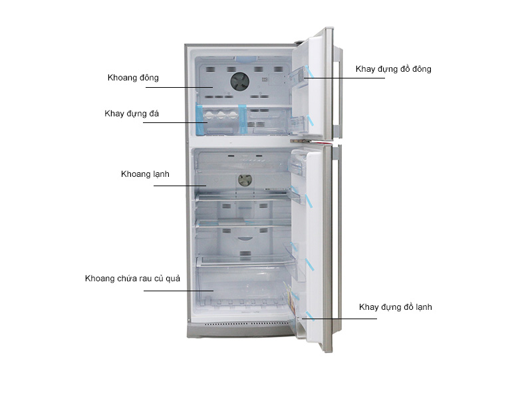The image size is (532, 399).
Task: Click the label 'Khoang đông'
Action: click(133, 78)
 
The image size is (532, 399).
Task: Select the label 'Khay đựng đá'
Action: click(132, 114)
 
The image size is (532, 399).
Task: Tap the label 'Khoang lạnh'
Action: click(145, 174)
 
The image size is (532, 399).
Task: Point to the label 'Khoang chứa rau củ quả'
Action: click(132, 279)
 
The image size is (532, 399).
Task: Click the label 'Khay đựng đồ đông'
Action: click(394, 69)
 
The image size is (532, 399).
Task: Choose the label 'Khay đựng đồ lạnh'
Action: click(396, 307)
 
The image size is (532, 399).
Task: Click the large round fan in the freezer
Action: click(240, 81)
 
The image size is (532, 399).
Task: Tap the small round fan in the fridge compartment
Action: click(245, 180)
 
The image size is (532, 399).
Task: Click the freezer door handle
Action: click(338, 92)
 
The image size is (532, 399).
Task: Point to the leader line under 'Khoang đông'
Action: click(179, 87)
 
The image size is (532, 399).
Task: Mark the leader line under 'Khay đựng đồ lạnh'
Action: click(339, 319)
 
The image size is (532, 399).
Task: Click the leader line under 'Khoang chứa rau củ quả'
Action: click(178, 291)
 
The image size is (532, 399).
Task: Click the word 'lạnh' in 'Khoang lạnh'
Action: click(161, 174)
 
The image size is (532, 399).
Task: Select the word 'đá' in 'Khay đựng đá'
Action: click(154, 114)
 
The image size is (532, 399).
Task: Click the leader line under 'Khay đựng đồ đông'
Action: click(344, 78)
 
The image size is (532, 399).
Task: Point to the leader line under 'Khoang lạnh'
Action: click(180, 186)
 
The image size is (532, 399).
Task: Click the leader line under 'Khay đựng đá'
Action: click(175, 122)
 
